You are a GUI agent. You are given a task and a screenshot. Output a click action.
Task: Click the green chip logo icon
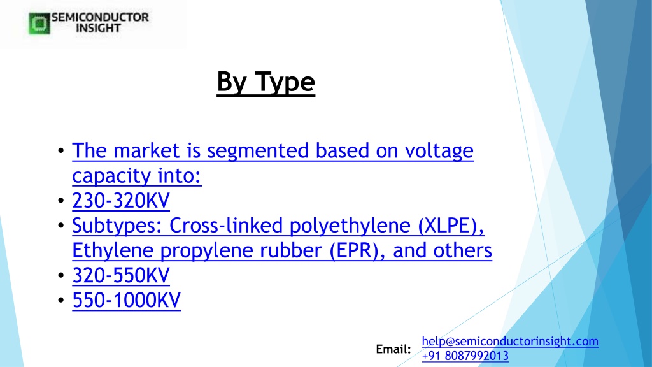[x=39, y=24]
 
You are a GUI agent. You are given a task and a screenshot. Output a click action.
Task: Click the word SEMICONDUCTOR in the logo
[x=100, y=17]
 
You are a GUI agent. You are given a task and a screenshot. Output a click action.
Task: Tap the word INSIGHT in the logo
[x=99, y=28]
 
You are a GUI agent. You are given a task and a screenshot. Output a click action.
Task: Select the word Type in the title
[x=285, y=82]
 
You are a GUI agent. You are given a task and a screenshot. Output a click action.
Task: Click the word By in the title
[x=232, y=82]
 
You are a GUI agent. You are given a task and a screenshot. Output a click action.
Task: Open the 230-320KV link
[x=121, y=201]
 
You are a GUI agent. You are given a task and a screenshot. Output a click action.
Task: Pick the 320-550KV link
[x=121, y=275]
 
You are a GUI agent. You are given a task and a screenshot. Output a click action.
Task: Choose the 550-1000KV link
[x=127, y=301]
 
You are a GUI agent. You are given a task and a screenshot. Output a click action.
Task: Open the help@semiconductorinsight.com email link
[x=510, y=342]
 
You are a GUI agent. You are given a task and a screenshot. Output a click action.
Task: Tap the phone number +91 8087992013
[x=465, y=356]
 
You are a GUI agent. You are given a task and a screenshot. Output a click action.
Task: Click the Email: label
[x=393, y=349]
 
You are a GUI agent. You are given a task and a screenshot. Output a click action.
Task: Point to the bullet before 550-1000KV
[x=61, y=300]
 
